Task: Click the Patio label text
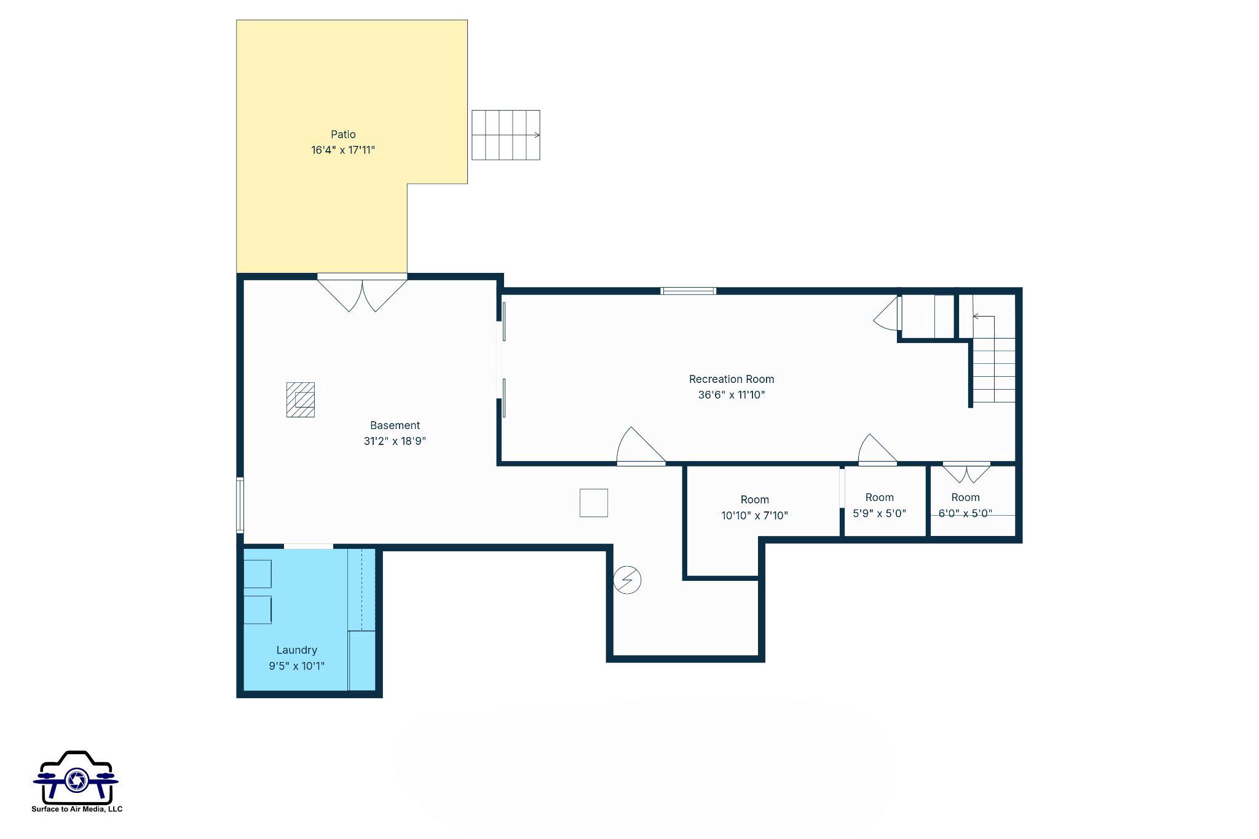click(343, 134)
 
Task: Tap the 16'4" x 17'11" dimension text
click(343, 150)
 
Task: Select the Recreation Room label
click(731, 379)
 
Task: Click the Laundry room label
click(296, 650)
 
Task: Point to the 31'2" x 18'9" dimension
click(395, 441)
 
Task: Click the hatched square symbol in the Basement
click(301, 400)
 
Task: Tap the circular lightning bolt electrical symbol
click(627, 580)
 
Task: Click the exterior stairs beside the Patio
click(505, 135)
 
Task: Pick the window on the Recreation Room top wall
click(688, 291)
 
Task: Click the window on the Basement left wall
click(240, 505)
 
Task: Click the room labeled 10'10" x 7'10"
click(754, 507)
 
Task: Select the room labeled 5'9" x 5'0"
click(879, 505)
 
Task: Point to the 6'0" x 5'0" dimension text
click(965, 513)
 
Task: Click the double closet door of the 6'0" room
click(966, 472)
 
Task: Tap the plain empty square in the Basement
click(594, 503)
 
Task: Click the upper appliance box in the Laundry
click(258, 574)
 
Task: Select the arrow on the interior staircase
click(982, 317)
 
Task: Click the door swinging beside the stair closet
click(886, 315)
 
